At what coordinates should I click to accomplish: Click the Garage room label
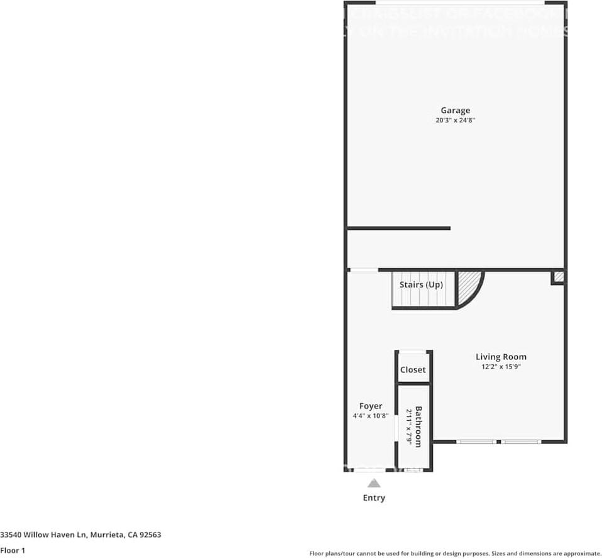[455, 111]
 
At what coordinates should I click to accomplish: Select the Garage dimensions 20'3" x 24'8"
[455, 120]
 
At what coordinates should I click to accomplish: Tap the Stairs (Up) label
[421, 285]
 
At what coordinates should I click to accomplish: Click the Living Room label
[501, 357]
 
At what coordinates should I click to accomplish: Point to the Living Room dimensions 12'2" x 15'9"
[501, 366]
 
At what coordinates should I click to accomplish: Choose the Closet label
[413, 370]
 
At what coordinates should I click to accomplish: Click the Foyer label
[371, 406]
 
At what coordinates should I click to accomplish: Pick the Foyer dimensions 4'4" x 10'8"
[371, 415]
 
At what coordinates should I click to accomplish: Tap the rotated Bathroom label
[419, 427]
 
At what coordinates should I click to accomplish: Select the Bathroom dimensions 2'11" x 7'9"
[409, 427]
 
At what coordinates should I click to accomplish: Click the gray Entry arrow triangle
[374, 483]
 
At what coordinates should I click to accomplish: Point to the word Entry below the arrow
[374, 497]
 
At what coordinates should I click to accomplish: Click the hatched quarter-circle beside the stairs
[468, 286]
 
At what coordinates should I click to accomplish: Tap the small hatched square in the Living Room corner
[557, 278]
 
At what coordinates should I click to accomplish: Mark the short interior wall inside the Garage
[398, 228]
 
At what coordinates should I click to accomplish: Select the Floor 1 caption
[13, 550]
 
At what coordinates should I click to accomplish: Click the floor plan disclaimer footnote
[455, 553]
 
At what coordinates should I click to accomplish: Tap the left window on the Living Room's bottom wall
[476, 442]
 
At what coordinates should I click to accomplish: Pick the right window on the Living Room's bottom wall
[522, 442]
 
